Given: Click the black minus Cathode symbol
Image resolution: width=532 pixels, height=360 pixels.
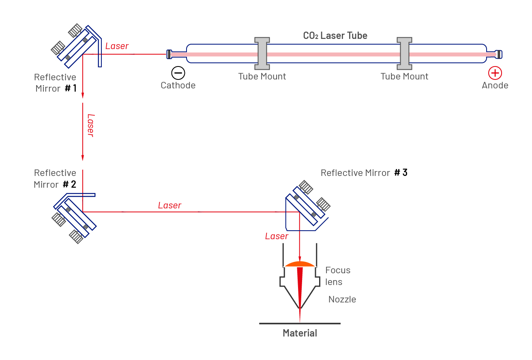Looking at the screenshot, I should pos(178,73).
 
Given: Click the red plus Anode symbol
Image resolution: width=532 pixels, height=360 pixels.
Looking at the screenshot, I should pos(495,73).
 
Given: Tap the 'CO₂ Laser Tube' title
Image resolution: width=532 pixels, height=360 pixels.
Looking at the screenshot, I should pos(335,36).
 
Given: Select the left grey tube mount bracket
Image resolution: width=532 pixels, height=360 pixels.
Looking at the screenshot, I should pos(262,53).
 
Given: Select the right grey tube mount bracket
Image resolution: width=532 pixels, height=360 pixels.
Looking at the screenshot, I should pos(404,53).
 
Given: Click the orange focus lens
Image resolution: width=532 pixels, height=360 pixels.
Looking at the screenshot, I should pos(300,264).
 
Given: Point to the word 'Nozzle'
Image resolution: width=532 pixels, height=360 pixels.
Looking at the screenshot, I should pos(342,300).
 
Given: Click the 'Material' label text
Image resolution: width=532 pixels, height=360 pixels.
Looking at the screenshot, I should pos(300,333).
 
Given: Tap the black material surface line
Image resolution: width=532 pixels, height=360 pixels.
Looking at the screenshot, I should pos(300,324).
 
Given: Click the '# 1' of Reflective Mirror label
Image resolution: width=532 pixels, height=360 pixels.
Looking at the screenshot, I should pos(71,88).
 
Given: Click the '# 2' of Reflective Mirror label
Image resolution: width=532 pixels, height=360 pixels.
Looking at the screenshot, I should pos(69,184).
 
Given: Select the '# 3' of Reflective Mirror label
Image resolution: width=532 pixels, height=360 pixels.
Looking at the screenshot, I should pos(401,173).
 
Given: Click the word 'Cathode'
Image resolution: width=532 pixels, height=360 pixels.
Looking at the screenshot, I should pos(178,86).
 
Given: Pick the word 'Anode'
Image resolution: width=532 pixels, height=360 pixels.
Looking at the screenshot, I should pos(495,86).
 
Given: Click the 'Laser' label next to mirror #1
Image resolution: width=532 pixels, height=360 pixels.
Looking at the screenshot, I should pos(117,46).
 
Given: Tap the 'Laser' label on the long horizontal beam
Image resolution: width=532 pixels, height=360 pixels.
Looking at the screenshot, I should pos(169,206).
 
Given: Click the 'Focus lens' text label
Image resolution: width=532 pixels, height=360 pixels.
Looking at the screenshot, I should pos(338,276).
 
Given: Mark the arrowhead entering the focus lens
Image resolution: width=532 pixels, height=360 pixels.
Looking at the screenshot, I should pos(300,259).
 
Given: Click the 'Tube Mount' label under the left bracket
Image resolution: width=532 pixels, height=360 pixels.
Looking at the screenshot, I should pos(262,77).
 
